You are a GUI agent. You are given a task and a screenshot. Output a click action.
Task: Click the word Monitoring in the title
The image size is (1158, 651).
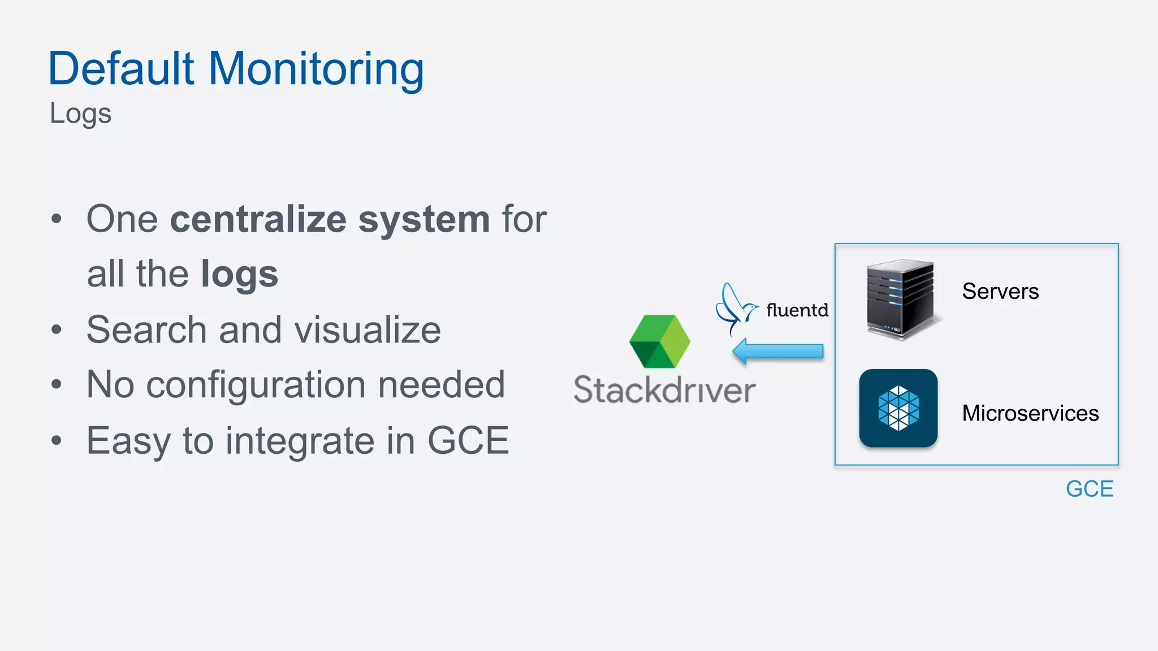[x=316, y=69]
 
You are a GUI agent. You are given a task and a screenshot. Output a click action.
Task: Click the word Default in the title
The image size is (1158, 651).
[x=122, y=69]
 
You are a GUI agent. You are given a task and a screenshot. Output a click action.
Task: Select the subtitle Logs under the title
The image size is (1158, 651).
[x=80, y=114]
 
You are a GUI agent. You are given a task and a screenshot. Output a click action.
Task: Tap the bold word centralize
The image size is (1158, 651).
[x=258, y=219]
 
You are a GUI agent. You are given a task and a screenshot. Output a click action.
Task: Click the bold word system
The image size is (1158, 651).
[x=424, y=220]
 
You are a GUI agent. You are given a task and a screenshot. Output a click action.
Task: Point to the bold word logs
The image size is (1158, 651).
[x=239, y=275]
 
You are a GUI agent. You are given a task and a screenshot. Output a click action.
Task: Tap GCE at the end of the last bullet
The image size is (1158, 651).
[x=468, y=441]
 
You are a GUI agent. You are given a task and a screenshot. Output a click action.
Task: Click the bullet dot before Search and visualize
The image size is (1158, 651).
[x=56, y=329]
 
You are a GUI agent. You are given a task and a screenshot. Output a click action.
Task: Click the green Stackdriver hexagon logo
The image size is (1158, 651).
[x=659, y=341]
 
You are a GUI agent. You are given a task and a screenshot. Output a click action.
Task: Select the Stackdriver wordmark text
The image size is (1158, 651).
[x=664, y=390]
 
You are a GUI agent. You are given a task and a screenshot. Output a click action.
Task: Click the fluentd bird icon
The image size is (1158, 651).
[x=734, y=309]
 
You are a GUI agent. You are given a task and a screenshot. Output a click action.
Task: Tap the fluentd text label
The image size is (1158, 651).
[x=797, y=310]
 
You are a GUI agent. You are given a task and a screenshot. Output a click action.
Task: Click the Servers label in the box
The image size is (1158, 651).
[x=1000, y=292]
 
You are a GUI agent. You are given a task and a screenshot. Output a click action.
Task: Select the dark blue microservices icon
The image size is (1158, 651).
[x=898, y=408]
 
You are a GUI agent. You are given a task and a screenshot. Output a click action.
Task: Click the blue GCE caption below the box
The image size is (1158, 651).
[x=1089, y=489]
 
